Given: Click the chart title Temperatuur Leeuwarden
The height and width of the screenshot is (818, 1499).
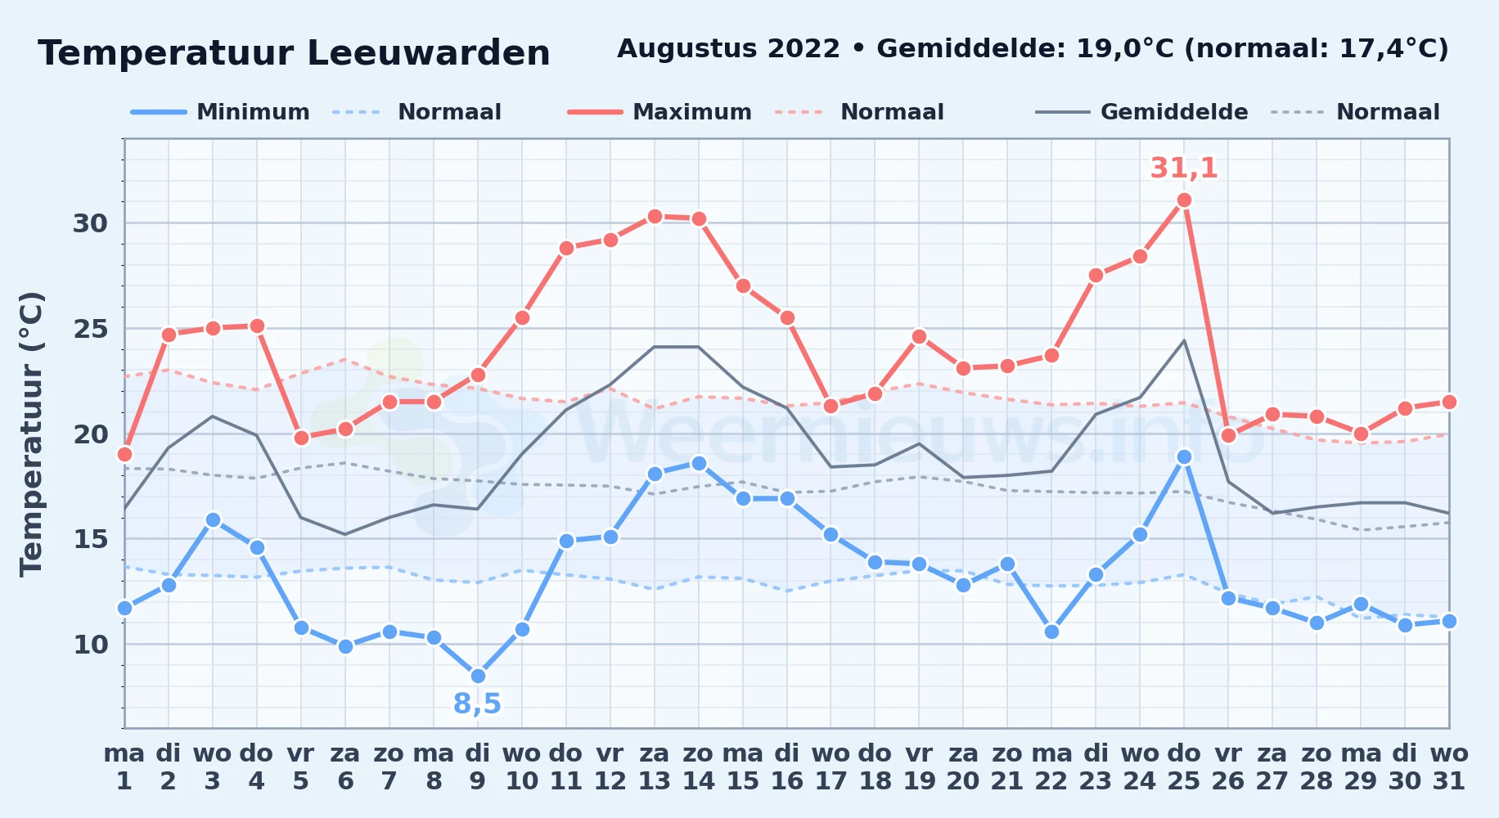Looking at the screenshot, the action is [294, 53].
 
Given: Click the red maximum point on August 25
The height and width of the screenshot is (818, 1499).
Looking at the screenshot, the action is [1184, 200].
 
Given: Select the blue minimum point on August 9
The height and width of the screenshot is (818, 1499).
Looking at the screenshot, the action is [478, 676].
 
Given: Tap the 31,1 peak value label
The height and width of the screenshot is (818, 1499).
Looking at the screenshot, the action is [1184, 168].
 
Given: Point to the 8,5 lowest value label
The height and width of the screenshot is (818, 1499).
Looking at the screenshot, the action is [477, 703].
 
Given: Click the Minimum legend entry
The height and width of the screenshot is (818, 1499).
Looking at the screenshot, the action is [220, 112].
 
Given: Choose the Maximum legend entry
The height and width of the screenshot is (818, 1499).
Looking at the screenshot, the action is [659, 112].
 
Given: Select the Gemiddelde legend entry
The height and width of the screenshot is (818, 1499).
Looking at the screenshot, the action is [1142, 112].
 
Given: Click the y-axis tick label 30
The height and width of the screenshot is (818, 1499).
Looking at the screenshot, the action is [90, 223].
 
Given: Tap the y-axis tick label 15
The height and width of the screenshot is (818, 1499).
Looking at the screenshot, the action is [90, 539].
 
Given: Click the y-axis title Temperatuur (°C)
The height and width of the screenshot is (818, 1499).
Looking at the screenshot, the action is [31, 434].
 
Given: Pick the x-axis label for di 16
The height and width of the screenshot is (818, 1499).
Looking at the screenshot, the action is [786, 767].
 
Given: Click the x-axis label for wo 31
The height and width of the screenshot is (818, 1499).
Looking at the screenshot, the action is [1449, 767].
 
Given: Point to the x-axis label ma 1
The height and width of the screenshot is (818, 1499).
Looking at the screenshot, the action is [124, 767].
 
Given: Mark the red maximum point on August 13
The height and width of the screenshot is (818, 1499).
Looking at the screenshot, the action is [655, 216].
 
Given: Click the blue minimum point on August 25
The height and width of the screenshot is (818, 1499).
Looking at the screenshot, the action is [1184, 456].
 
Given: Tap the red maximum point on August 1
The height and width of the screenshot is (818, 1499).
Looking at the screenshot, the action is [124, 454].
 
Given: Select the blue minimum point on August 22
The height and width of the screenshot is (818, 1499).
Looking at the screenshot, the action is [1051, 631].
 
